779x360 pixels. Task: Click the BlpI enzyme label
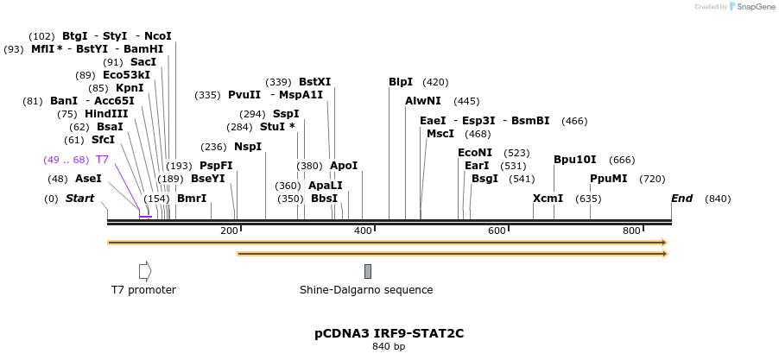401,82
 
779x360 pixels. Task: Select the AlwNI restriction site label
423,101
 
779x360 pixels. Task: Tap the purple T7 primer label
102,160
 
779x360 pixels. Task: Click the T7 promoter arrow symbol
145,270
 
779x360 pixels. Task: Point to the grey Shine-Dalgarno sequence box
368,271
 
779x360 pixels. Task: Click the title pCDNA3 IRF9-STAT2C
389,332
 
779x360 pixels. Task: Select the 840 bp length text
389,347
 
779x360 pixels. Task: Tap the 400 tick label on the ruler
362,231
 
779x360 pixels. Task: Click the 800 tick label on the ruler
631,231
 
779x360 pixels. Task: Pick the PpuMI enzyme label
609,179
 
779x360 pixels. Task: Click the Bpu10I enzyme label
575,160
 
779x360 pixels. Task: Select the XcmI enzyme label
548,199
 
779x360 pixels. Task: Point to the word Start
79,199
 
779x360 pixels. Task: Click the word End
682,199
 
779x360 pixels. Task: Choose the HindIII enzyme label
106,113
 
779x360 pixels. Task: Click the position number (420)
435,82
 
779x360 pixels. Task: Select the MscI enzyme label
440,134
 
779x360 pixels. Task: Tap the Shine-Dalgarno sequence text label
366,290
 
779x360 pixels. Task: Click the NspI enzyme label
248,147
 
